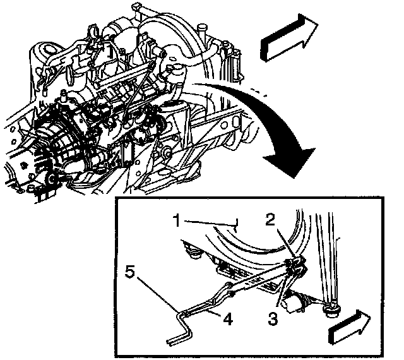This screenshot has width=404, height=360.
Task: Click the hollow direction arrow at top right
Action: point(287,39)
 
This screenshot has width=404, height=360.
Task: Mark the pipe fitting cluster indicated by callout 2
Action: point(294,265)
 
